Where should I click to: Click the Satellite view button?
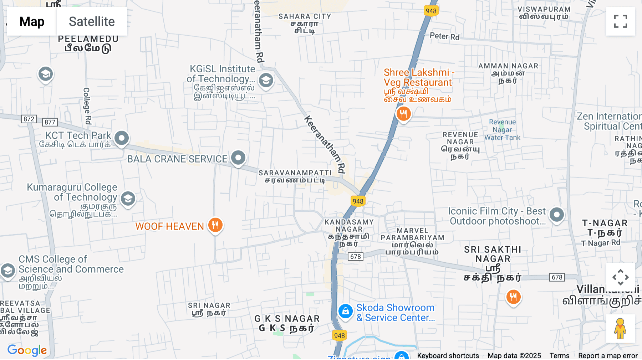tap(92, 21)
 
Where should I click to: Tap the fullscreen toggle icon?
tap(620, 21)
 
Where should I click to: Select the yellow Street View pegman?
tap(620, 329)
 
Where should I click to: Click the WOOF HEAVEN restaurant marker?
tap(215, 225)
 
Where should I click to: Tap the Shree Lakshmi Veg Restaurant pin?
tap(403, 114)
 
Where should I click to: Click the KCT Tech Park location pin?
tap(121, 138)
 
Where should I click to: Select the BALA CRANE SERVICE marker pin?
tap(238, 158)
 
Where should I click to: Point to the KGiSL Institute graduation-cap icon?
tap(266, 81)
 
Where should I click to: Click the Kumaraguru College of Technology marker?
tap(128, 199)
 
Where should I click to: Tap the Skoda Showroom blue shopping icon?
tap(345, 312)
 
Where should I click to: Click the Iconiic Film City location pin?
tap(556, 215)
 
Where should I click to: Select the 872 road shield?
tap(29, 119)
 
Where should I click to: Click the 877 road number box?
tap(50, 122)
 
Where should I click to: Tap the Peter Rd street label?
tap(444, 36)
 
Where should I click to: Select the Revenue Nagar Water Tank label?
tap(502, 130)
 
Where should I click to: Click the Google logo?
tap(27, 350)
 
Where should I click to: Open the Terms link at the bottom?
tap(559, 355)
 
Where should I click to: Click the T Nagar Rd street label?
tap(601, 243)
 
